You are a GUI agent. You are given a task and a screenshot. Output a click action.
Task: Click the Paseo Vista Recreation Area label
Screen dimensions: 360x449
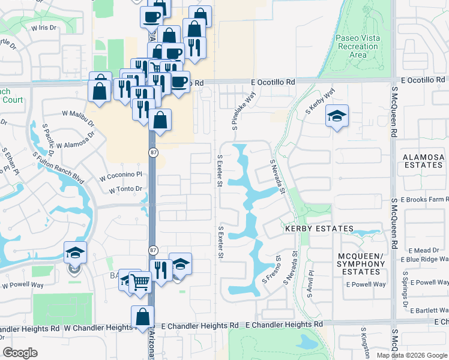click(358, 46)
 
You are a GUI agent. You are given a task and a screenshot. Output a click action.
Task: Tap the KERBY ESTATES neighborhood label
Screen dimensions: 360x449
click(319, 229)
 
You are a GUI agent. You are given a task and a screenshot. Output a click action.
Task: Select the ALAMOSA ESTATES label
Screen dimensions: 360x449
click(423, 161)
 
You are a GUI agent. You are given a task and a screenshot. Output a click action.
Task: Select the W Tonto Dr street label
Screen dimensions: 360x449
click(125, 190)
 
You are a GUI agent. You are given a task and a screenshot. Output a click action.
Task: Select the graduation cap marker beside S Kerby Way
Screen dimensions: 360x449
click(337, 116)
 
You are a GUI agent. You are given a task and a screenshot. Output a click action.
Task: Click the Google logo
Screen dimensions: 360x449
click(20, 352)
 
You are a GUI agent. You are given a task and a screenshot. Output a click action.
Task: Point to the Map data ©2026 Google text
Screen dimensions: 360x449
click(411, 355)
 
